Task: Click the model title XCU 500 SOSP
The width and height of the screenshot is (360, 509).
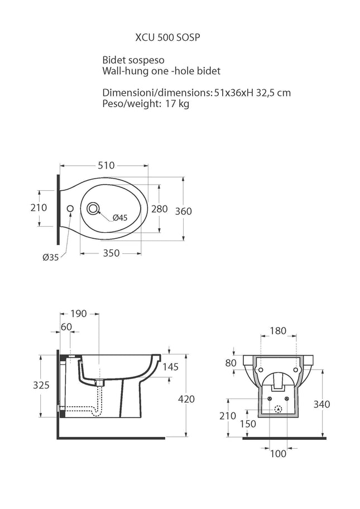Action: (x=167, y=37)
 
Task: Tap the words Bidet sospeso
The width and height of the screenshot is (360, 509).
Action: (x=133, y=60)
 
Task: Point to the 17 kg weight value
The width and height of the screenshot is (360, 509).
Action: (x=177, y=104)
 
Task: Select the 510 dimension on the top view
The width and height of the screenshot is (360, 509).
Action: (x=106, y=166)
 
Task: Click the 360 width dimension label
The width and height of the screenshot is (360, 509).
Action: (x=184, y=212)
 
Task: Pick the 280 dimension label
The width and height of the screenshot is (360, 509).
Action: (x=160, y=209)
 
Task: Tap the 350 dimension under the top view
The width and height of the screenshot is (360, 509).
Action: (x=111, y=253)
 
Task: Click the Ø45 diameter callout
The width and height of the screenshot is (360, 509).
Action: (x=120, y=218)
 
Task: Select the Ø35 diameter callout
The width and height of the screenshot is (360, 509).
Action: (x=51, y=257)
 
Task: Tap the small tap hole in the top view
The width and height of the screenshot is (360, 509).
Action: (x=70, y=208)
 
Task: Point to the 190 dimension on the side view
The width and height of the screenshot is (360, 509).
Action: (x=79, y=314)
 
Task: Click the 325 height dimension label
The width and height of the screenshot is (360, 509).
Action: (x=41, y=385)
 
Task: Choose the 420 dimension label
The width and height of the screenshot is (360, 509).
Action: (x=186, y=399)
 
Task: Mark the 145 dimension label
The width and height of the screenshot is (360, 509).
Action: (x=170, y=367)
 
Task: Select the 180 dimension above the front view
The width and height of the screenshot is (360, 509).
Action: (x=278, y=331)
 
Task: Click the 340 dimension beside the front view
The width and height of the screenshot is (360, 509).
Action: (x=321, y=404)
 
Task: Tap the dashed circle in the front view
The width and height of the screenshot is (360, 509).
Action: (x=278, y=409)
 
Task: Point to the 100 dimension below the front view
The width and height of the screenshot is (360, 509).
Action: (x=278, y=454)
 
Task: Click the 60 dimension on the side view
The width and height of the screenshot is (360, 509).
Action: (x=66, y=326)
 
